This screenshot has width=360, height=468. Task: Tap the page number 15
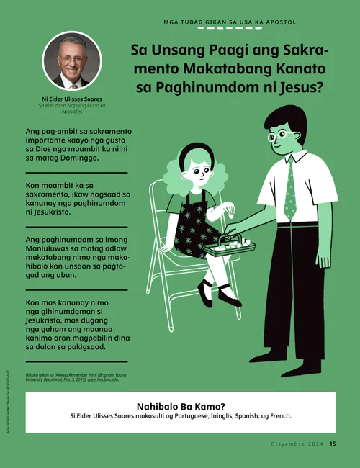pyautogui.click(x=333, y=444)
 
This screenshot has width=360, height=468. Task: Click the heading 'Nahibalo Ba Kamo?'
pyautogui.click(x=179, y=405)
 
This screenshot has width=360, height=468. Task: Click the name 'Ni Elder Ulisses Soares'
pyautogui.click(x=71, y=99)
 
